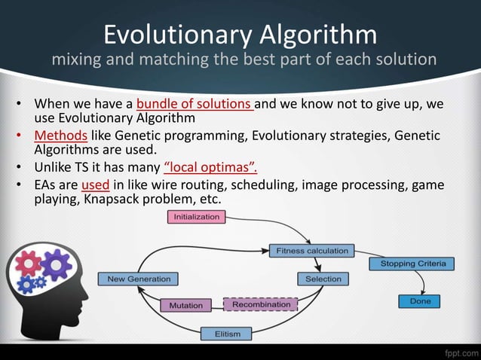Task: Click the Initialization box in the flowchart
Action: (x=196, y=217)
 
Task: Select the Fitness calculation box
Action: (x=311, y=250)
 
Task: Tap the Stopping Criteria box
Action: (x=412, y=264)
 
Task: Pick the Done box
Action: (x=420, y=301)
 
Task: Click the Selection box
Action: (x=323, y=279)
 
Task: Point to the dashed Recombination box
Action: (x=261, y=304)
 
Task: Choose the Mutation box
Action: (x=185, y=306)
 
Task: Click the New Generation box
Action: (x=139, y=279)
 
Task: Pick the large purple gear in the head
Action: (x=54, y=264)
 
